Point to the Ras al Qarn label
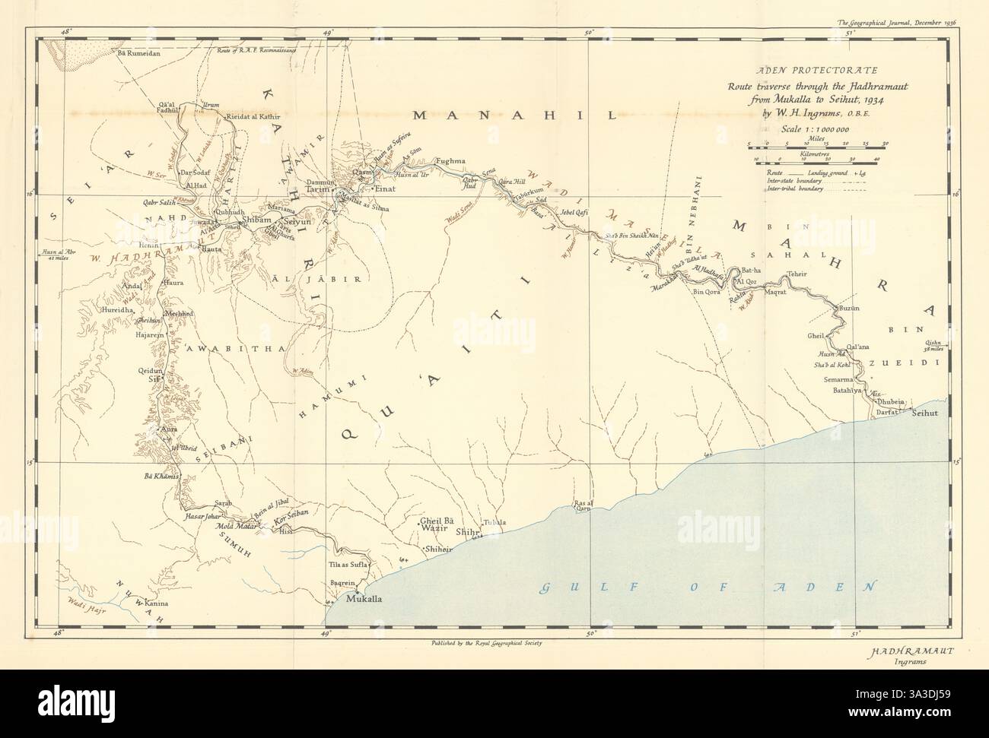[x=584, y=505]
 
